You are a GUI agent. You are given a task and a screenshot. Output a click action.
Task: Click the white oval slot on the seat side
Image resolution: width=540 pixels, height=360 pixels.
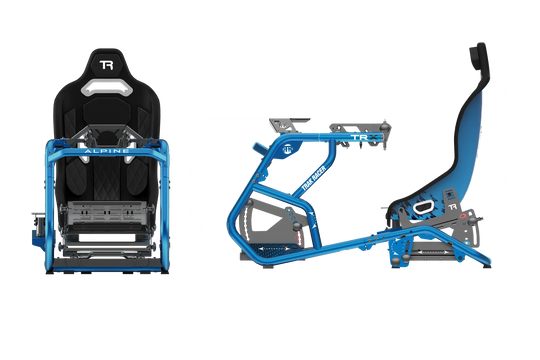click(423, 206)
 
